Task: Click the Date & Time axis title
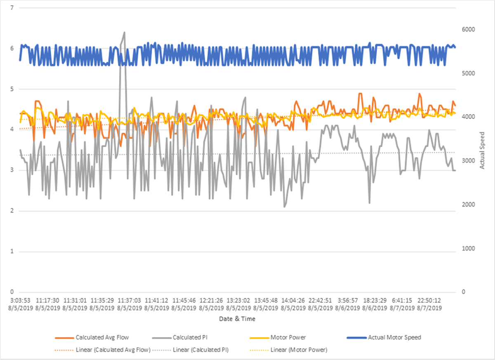tap(238, 319)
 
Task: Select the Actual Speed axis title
tap(483, 150)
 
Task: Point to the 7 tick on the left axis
tap(12, 8)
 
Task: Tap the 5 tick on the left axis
tap(12, 89)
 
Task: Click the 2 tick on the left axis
tap(12, 211)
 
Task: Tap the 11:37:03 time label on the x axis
tap(129, 301)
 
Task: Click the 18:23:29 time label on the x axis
tap(374, 301)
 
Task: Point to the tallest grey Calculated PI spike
tap(124, 33)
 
